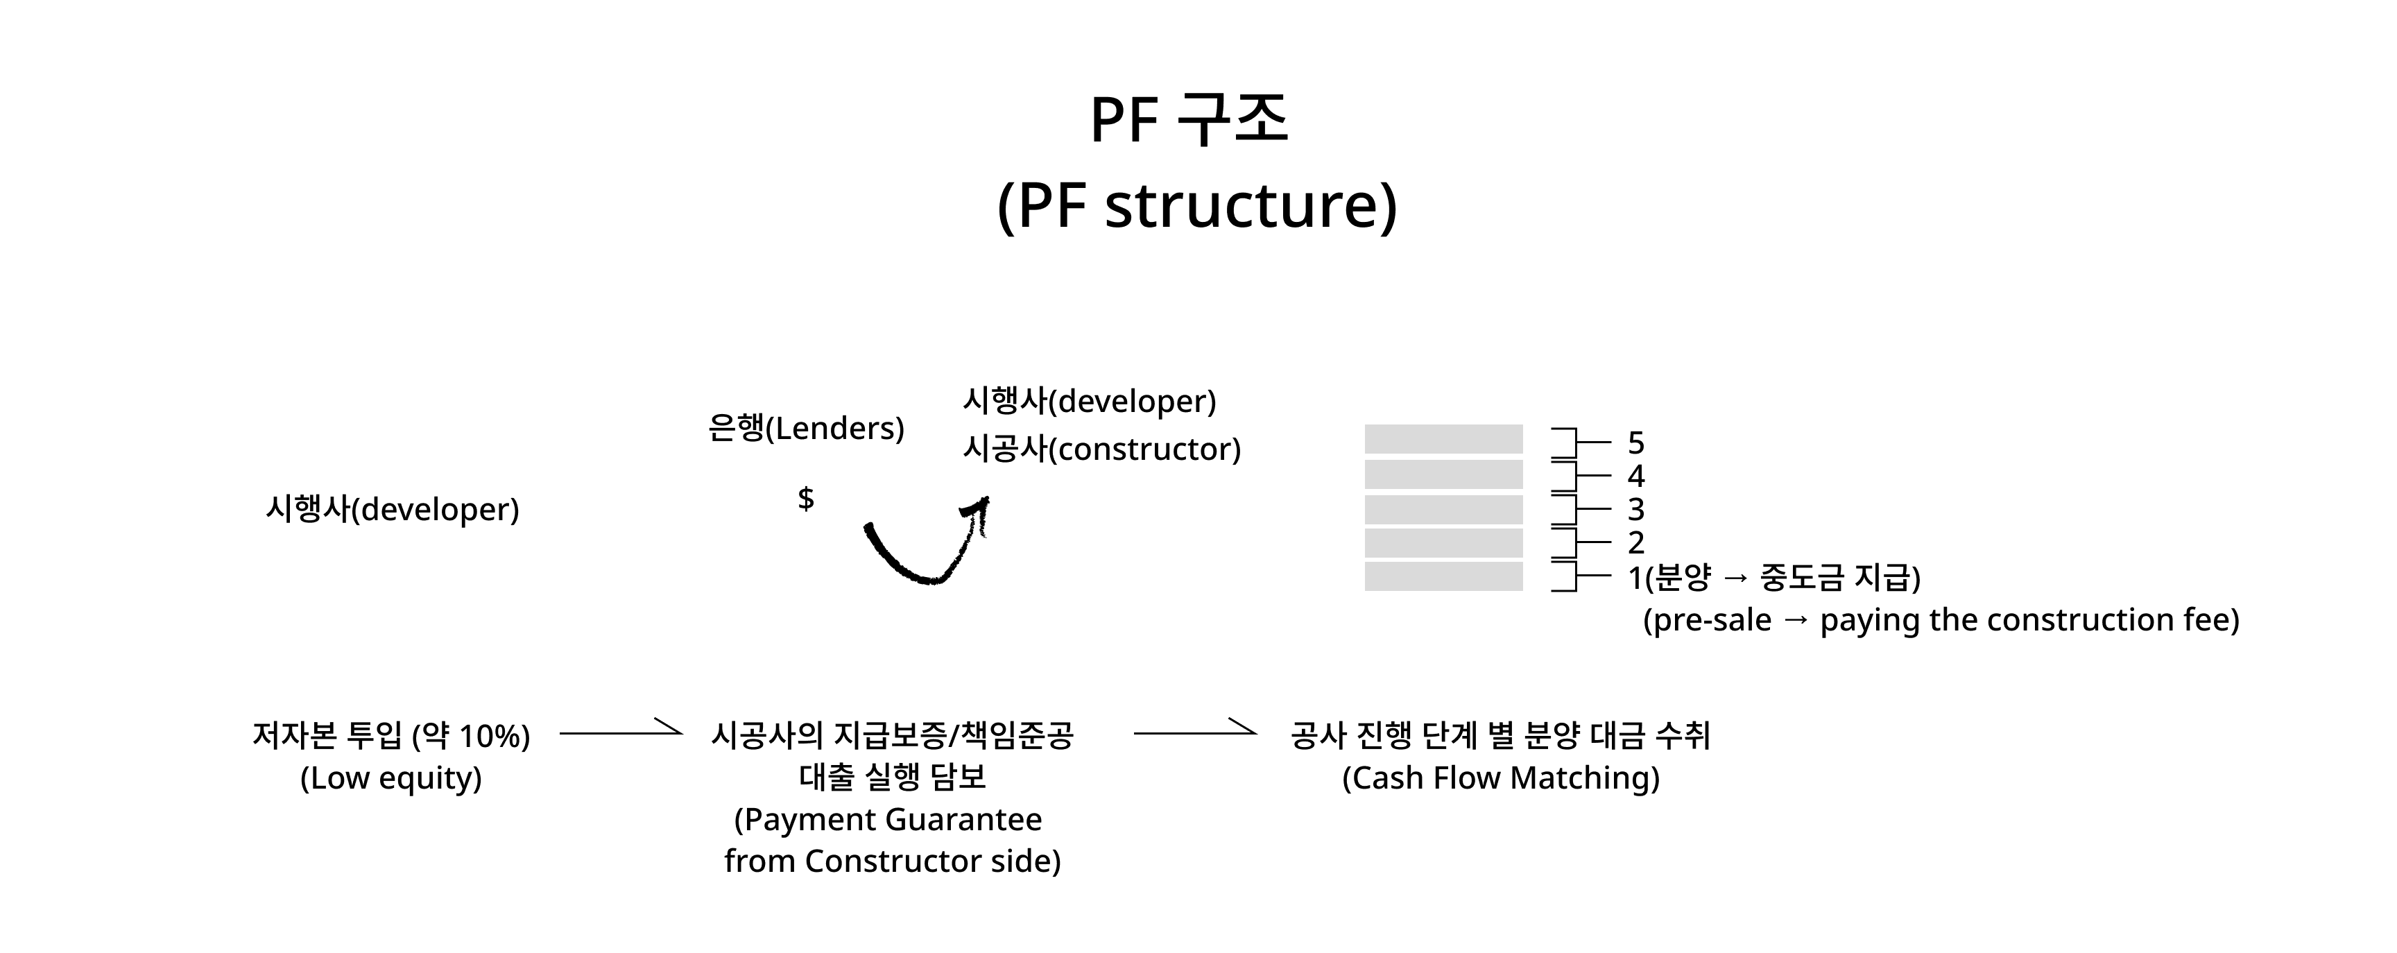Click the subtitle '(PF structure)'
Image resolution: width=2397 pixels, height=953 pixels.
click(1196, 206)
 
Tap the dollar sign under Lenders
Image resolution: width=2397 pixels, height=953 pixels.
click(806, 499)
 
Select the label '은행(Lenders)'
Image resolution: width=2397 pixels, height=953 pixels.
click(806, 428)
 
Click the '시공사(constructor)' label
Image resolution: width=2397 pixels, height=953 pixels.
click(1101, 449)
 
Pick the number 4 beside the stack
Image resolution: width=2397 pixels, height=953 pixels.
click(1636, 476)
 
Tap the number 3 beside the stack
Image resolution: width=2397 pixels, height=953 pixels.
click(1636, 509)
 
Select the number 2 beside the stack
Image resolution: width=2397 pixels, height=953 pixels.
click(1636, 542)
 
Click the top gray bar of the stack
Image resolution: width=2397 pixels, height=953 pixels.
click(1443, 439)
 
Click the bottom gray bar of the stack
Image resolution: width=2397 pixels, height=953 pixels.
click(1443, 576)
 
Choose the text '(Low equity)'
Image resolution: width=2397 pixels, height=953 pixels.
click(390, 778)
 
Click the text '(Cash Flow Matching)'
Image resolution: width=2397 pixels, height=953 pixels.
click(1500, 778)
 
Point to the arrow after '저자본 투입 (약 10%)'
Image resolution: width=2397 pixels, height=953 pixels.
click(621, 732)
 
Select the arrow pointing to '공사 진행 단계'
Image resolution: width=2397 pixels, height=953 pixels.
click(1195, 732)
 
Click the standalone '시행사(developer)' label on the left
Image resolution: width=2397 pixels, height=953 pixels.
click(393, 509)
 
